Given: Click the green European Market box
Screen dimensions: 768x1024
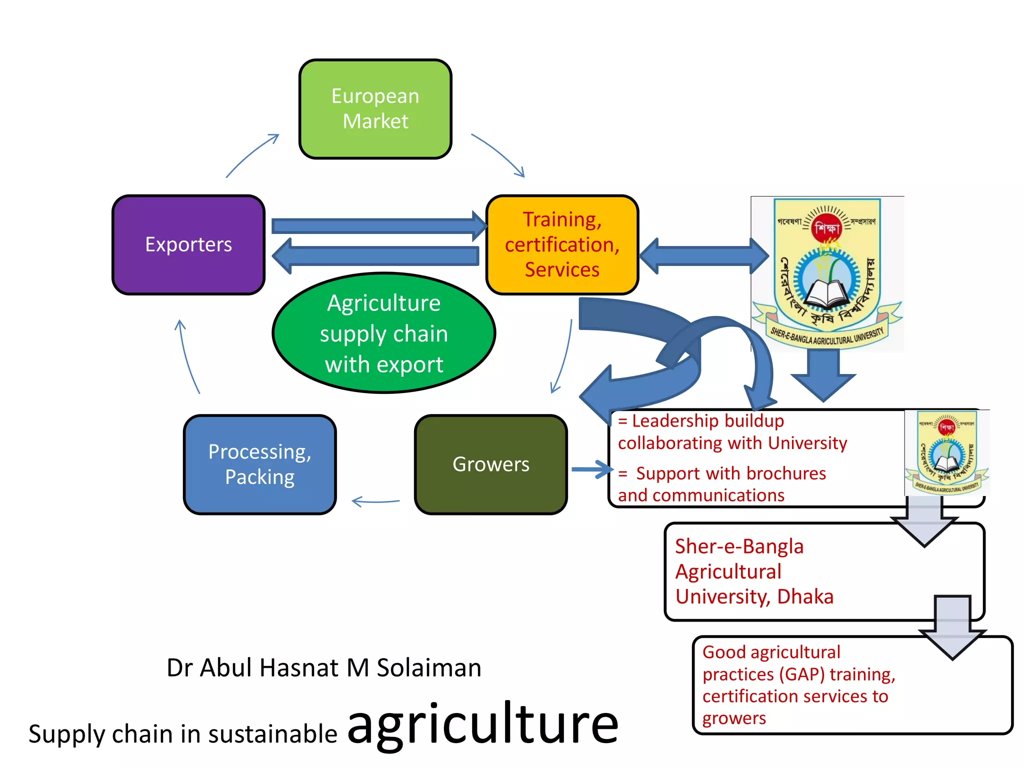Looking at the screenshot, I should [375, 109].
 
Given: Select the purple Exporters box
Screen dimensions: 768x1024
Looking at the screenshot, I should [188, 244].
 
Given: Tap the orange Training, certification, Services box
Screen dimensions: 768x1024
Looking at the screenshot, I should [562, 244].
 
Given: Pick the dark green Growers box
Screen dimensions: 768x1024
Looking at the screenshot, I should [490, 464].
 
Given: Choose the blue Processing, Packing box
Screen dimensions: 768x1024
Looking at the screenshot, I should [259, 464].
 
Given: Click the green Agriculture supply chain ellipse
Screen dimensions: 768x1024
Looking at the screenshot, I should [383, 333].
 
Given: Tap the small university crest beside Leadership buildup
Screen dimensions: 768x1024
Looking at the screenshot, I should [946, 451].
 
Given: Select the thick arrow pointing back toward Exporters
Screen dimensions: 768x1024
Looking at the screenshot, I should [375, 256].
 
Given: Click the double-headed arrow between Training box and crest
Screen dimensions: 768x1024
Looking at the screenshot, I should [703, 256].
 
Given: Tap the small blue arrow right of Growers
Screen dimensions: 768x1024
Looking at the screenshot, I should [591, 469].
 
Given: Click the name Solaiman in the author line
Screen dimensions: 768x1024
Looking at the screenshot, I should [428, 667].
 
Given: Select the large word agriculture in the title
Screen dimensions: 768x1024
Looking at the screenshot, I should [482, 723].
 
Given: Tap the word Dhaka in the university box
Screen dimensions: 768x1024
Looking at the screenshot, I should [805, 596].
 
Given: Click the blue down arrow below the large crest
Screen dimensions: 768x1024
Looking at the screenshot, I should [823, 375].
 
